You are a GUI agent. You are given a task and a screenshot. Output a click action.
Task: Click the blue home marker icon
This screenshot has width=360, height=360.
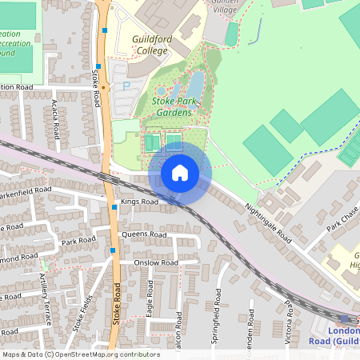(x=180, y=172)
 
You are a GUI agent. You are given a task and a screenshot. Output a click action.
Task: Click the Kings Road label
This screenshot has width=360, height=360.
(x=140, y=203)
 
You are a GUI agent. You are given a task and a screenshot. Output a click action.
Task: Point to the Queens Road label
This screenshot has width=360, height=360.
(x=144, y=235)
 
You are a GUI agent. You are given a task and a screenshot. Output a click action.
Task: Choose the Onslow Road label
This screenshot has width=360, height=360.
(x=155, y=263)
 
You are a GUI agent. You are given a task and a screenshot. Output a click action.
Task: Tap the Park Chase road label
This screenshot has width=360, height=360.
(x=342, y=219)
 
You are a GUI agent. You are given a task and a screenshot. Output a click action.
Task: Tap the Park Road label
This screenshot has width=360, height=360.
(x=78, y=241)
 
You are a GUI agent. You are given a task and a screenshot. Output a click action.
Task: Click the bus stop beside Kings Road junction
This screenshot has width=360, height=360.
(x=115, y=207)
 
